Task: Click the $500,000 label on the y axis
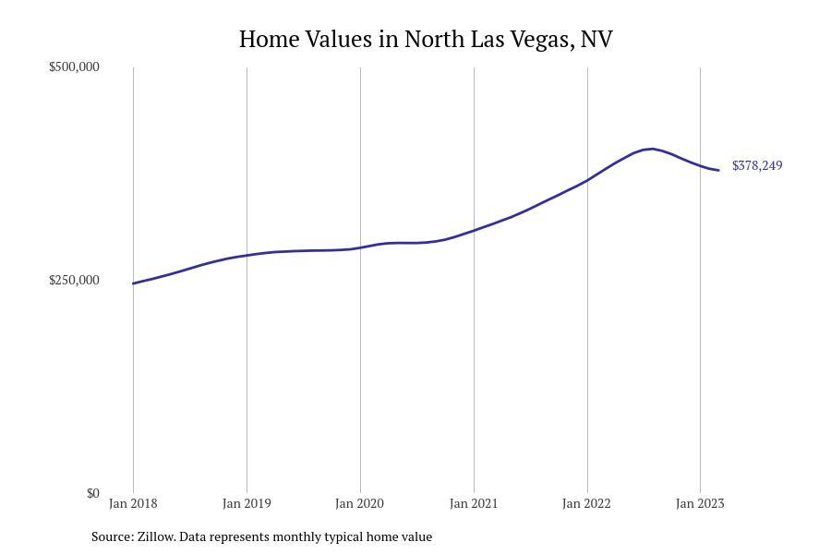tap(74, 66)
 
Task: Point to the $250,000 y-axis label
tap(74, 280)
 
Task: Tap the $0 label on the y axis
tap(93, 493)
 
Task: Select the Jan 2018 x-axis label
tap(133, 503)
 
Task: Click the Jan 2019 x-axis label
tap(247, 503)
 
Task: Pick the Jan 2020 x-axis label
tap(360, 503)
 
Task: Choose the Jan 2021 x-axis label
tap(474, 503)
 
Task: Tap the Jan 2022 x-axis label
tap(587, 503)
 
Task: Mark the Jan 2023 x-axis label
tap(700, 503)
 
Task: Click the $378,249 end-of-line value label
tap(757, 165)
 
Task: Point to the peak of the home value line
tap(652, 149)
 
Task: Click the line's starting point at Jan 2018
tap(133, 283)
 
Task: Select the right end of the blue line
tap(718, 170)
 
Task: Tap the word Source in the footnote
tap(111, 536)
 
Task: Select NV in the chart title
tap(596, 40)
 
